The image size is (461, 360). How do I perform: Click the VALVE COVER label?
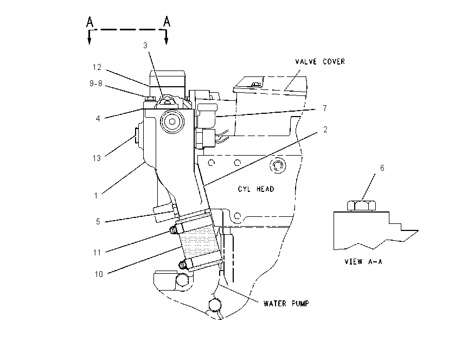[x=320, y=61]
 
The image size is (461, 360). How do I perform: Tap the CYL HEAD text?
[x=256, y=189]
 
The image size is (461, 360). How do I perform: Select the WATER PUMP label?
[x=286, y=303]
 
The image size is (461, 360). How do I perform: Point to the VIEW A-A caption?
[x=363, y=261]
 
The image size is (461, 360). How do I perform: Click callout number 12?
[x=97, y=67]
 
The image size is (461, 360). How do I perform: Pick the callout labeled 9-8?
[x=96, y=83]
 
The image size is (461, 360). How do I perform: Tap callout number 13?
[x=97, y=158]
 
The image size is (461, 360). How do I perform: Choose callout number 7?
[x=324, y=108]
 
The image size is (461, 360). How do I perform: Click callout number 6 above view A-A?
[x=382, y=168]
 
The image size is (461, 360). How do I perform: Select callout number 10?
[x=99, y=274]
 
